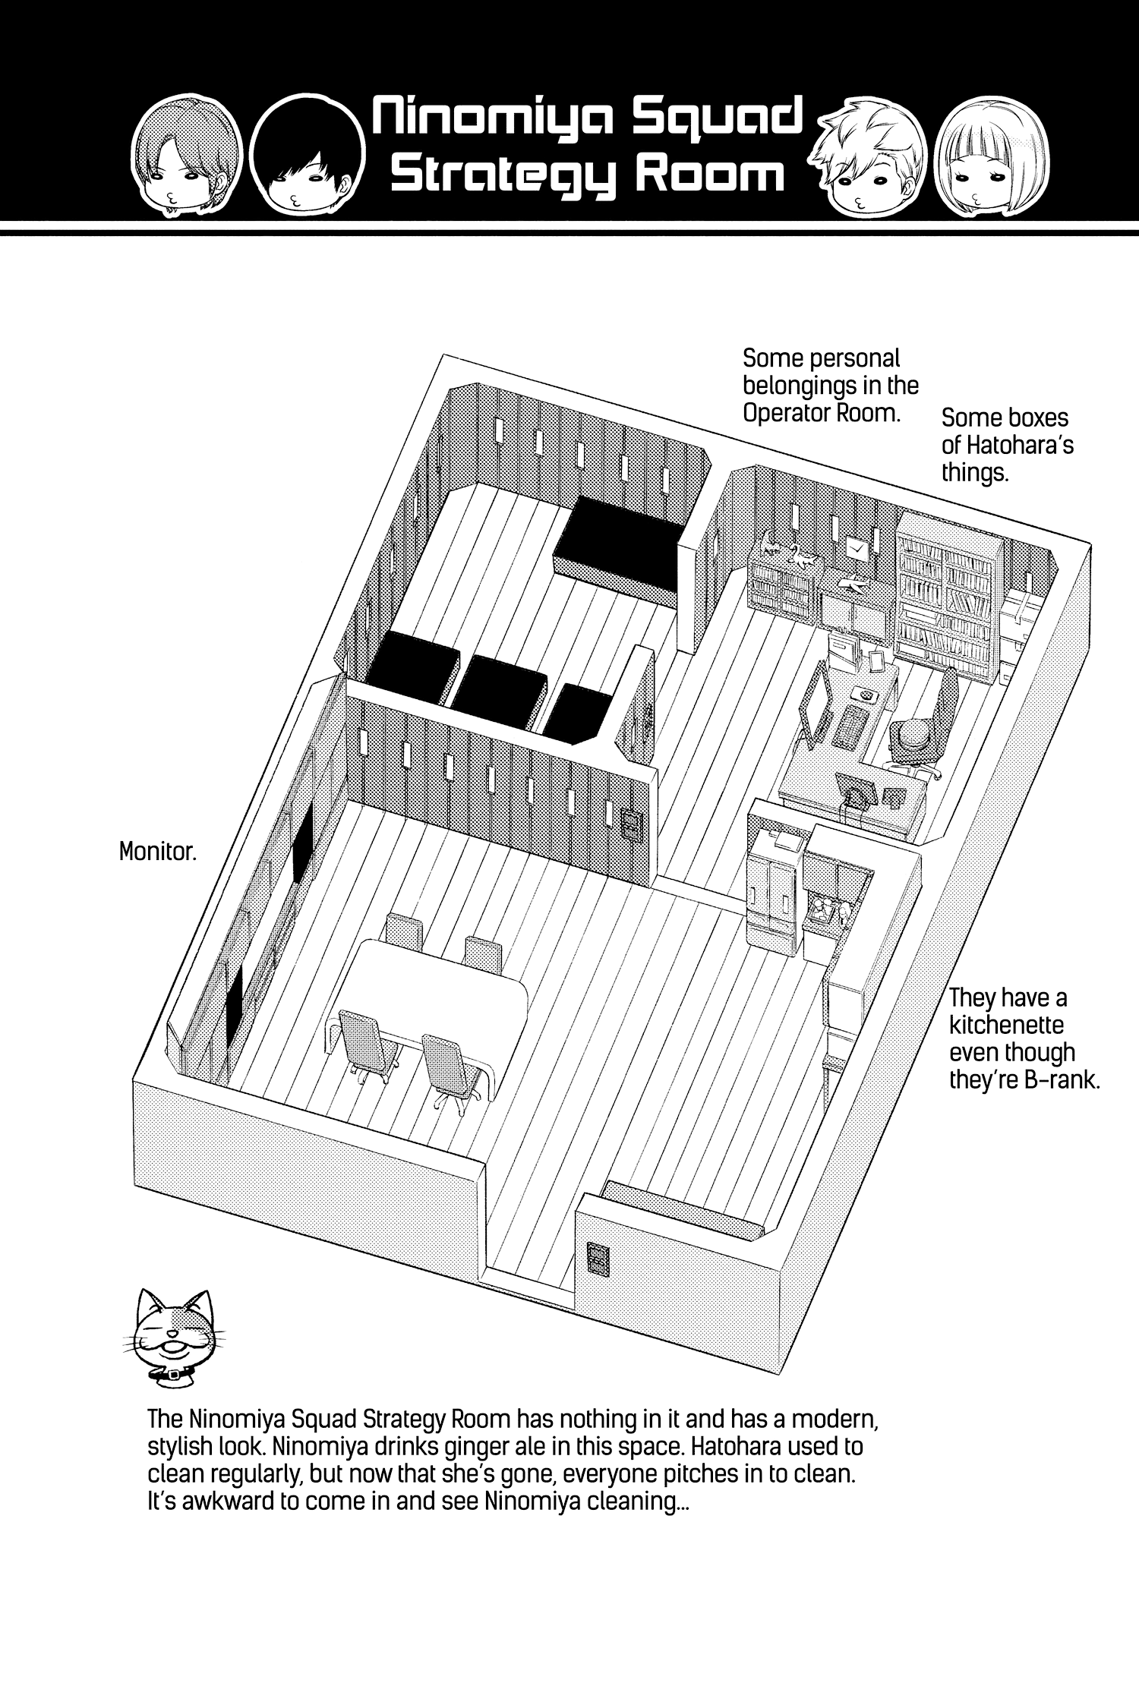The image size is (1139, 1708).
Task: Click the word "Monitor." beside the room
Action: (x=158, y=852)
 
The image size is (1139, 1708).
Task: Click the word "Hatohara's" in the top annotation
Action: (x=1007, y=445)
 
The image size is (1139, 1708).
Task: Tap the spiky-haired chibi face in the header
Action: (x=873, y=159)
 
